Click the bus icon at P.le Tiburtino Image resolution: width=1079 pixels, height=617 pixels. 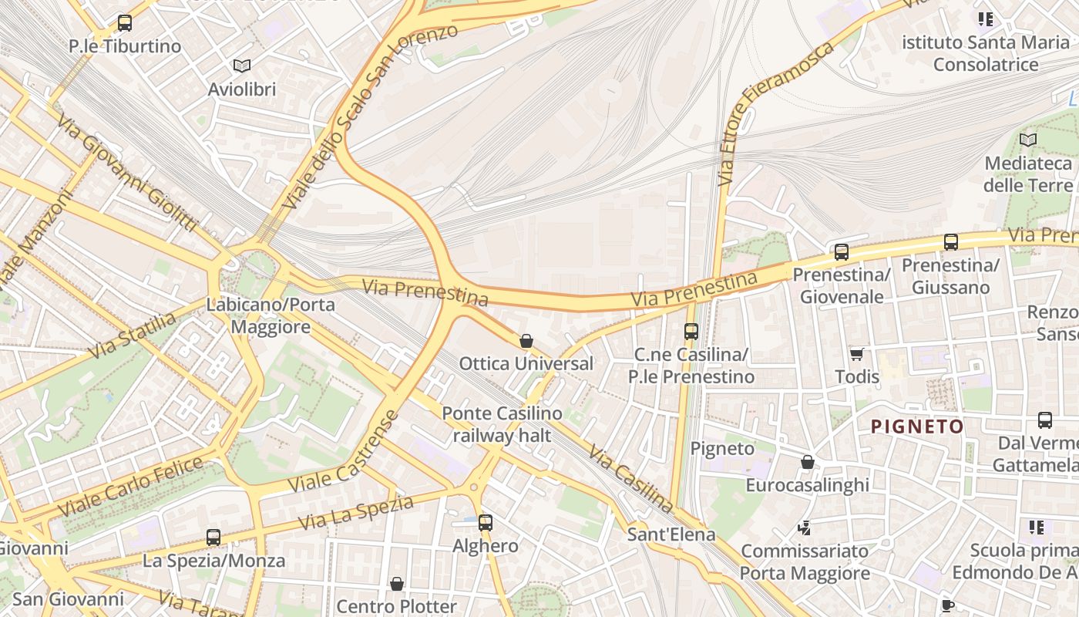tap(125, 23)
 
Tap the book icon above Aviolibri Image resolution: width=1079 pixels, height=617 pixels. tap(242, 66)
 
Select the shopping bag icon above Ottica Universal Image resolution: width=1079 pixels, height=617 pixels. tap(526, 341)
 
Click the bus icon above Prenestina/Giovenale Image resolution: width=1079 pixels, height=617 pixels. tap(842, 252)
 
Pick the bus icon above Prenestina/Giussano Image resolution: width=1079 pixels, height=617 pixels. tap(951, 242)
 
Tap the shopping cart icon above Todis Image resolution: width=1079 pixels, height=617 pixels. tap(857, 354)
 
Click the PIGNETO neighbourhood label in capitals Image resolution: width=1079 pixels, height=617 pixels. tap(917, 427)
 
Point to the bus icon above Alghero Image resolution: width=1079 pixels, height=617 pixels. tap(486, 523)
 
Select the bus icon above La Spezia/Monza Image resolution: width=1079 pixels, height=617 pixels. tap(213, 538)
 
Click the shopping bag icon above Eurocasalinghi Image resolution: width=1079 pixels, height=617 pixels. tap(808, 462)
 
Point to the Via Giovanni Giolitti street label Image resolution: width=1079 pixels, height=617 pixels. tap(127, 173)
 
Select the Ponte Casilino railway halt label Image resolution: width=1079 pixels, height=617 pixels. tap(502, 424)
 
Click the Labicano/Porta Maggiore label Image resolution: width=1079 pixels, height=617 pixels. tap(271, 315)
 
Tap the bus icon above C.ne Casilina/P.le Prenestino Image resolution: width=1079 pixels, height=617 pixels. tap(691, 332)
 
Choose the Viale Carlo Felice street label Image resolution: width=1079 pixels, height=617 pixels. tap(131, 487)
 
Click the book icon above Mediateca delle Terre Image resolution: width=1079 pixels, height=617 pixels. tap(1028, 140)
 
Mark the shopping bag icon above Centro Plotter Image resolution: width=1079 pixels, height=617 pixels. tap(397, 584)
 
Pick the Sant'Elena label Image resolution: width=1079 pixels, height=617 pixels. tap(671, 534)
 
